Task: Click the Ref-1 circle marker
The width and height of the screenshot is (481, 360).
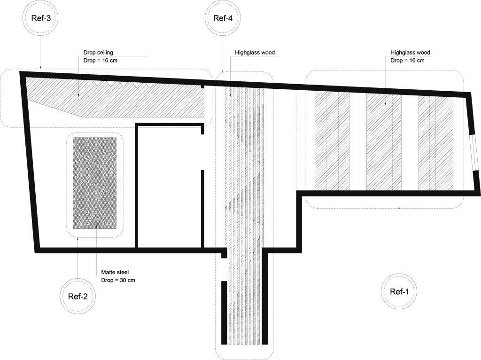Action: (x=399, y=291)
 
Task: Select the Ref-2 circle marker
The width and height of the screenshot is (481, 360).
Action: (x=77, y=296)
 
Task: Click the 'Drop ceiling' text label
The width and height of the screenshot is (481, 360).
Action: (x=98, y=53)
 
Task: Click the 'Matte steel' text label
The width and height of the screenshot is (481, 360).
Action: (x=115, y=272)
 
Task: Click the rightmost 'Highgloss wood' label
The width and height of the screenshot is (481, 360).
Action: (x=410, y=53)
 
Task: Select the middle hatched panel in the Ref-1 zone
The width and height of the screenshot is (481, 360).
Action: (x=384, y=141)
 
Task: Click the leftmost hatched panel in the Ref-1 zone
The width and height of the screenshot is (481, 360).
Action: (x=332, y=141)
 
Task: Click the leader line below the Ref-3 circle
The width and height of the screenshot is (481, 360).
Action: (x=40, y=52)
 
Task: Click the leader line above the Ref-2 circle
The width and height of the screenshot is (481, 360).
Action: (x=77, y=258)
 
